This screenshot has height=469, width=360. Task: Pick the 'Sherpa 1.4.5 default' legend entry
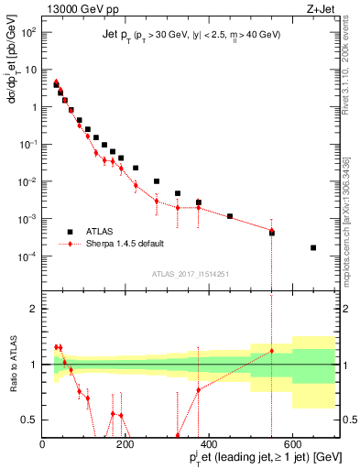click(125, 245)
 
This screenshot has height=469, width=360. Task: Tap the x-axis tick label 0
click(42, 444)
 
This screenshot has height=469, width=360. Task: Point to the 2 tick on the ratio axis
click(35, 310)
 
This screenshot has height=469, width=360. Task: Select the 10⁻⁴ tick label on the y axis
click(27, 256)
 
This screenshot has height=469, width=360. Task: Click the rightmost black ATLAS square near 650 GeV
click(313, 247)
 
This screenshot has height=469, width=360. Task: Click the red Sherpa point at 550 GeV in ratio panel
click(271, 351)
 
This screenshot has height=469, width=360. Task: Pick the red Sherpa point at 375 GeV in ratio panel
click(199, 389)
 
